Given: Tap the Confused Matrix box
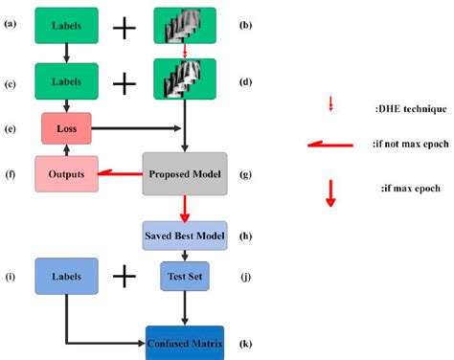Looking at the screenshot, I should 184,341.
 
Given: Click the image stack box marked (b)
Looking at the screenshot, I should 184,28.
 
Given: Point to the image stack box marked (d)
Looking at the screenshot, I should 184,81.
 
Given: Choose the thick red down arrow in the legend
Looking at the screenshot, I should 330,191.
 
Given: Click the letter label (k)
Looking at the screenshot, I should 246,341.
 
